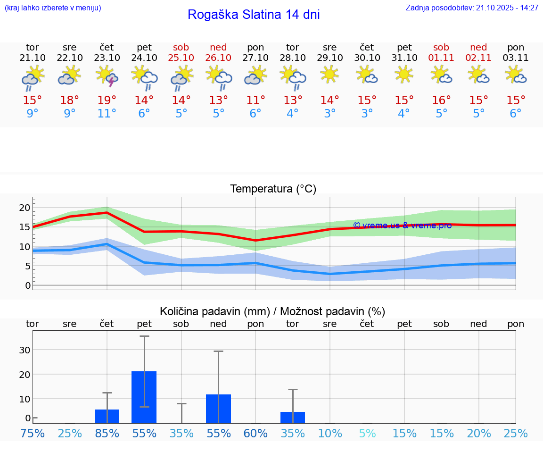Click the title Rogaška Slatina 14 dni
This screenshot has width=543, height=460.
pos(254,15)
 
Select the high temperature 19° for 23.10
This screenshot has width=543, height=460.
pos(107,100)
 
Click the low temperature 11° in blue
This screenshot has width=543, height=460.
pos(107,114)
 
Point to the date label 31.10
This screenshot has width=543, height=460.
pos(404,58)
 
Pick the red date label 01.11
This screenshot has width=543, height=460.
pos(441,58)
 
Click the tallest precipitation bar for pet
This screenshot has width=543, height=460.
pos(144,397)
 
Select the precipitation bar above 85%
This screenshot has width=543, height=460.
pos(107,416)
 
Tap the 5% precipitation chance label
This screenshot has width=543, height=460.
pos(367,433)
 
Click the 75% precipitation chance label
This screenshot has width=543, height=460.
pos(33,433)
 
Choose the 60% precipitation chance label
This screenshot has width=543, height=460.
pos(255,433)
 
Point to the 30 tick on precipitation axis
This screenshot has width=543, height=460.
pos(25,350)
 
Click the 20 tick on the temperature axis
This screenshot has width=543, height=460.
pos(25,208)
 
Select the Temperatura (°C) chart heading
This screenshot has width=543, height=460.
pos(273,189)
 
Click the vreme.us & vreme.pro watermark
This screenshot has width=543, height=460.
pos(402,226)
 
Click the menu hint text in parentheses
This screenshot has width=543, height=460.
pos(53,8)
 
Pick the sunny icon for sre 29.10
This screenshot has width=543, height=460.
pos(329,74)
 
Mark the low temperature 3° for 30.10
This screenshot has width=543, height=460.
pos(367,114)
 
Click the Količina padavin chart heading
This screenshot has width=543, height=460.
pos(272,311)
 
